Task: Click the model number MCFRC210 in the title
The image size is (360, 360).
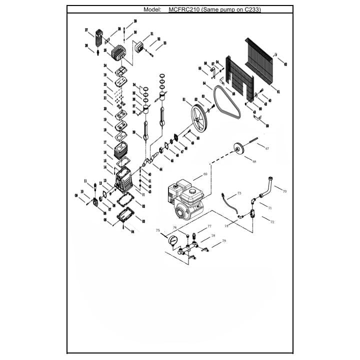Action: pyautogui.click(x=183, y=9)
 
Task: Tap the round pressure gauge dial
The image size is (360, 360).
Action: pyautogui.click(x=173, y=241)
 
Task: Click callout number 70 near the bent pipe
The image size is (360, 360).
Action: pyautogui.click(x=284, y=191)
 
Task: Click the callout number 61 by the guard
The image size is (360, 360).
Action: pyautogui.click(x=278, y=91)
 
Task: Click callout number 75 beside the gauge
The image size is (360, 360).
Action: pyautogui.click(x=158, y=230)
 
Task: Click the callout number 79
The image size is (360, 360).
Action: pyautogui.click(x=224, y=241)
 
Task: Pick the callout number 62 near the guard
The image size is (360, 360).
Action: pyautogui.click(x=285, y=64)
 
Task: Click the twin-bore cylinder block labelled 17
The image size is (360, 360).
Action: pyautogui.click(x=121, y=148)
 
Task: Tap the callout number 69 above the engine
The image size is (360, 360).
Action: pyautogui.click(x=205, y=174)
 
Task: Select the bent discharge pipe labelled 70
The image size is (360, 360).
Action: pyautogui.click(x=265, y=187)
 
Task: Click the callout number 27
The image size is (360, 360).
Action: pyautogui.click(x=86, y=30)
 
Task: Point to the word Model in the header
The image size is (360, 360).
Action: pyautogui.click(x=152, y=9)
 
